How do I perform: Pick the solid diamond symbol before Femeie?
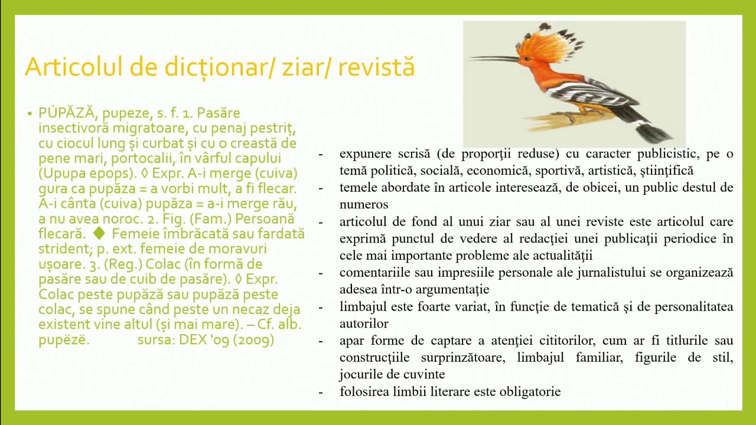click(99, 234)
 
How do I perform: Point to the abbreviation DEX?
click(193, 340)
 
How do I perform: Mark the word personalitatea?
click(693, 307)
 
